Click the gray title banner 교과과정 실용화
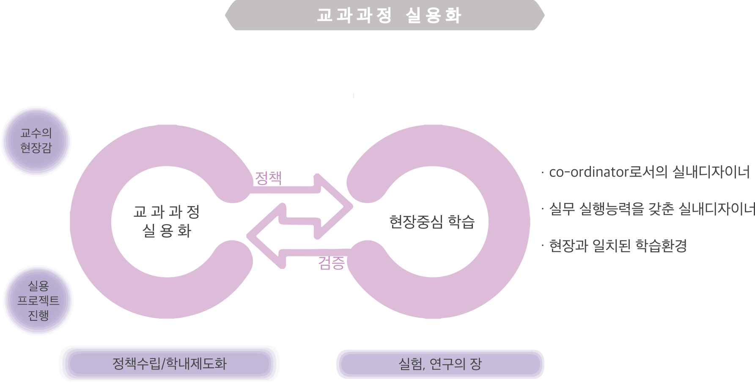(x=385, y=15)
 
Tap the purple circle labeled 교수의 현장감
(x=36, y=141)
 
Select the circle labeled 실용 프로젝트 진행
(x=38, y=300)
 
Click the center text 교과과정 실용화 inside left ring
(x=167, y=221)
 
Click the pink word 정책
(x=268, y=178)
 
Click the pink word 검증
(x=331, y=263)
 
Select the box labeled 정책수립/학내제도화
(x=169, y=364)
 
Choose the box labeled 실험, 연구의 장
(x=440, y=364)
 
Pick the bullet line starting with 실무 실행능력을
(x=651, y=209)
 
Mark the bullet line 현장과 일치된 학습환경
(x=618, y=245)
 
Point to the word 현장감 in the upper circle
(x=36, y=148)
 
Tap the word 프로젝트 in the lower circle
(x=38, y=300)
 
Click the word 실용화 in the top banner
(x=433, y=15)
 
